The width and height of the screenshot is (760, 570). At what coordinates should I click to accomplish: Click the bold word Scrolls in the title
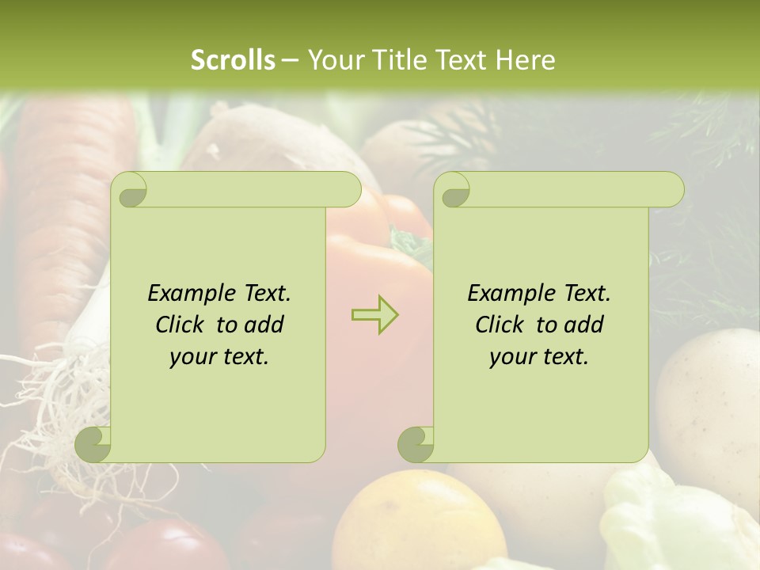click(234, 59)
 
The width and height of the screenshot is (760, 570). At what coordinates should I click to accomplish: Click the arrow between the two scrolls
click(374, 314)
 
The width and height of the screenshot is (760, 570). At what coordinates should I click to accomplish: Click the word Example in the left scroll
click(190, 293)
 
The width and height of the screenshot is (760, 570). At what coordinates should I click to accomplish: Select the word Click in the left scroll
click(181, 325)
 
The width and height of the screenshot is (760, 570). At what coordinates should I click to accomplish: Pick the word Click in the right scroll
click(501, 325)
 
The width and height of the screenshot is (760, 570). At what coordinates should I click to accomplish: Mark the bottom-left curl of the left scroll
click(93, 444)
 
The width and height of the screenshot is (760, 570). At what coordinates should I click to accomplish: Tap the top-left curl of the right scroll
click(454, 190)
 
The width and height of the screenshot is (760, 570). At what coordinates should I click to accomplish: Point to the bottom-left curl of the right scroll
click(416, 444)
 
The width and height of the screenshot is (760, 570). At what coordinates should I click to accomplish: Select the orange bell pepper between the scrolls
click(380, 261)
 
